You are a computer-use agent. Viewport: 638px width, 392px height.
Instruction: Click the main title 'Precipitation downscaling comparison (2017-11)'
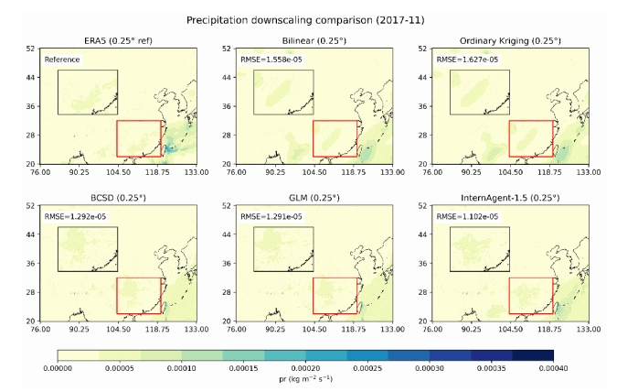point(318,18)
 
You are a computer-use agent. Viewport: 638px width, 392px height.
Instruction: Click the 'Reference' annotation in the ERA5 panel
point(63,60)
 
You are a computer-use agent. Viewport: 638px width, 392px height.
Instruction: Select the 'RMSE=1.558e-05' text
point(270,60)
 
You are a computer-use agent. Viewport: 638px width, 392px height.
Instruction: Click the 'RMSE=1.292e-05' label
point(75,217)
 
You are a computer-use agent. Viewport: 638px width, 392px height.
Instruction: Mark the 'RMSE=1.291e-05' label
point(270,217)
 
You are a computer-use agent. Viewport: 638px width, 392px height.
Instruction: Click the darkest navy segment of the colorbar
point(533,355)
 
